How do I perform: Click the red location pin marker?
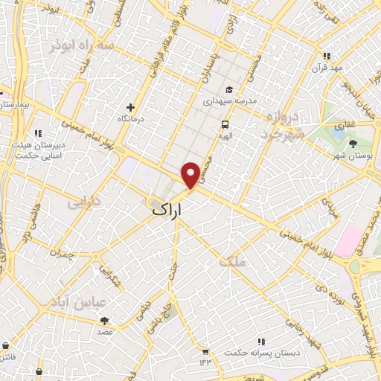pyautogui.click(x=191, y=174)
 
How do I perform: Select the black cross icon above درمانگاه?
pyautogui.click(x=131, y=108)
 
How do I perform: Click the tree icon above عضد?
pyautogui.click(x=104, y=321)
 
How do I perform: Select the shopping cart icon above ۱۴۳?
pyautogui.click(x=205, y=350)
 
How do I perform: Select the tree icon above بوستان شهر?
pyautogui.click(x=353, y=143)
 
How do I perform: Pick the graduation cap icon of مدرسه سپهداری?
pyautogui.click(x=230, y=89)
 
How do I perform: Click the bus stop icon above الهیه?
pyautogui.click(x=224, y=124)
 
